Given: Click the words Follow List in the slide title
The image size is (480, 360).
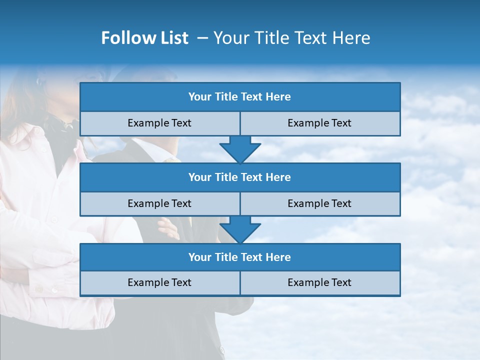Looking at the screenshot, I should click(x=144, y=38).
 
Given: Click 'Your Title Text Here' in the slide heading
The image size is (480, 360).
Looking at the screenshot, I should click(x=291, y=38).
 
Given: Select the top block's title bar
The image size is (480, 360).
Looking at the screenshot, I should click(x=240, y=97).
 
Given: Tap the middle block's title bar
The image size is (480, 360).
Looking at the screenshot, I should click(x=240, y=177).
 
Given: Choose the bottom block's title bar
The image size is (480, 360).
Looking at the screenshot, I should click(x=240, y=257).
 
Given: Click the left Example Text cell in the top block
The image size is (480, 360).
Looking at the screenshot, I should click(x=159, y=123).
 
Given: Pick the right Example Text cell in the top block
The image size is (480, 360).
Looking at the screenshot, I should click(x=319, y=123).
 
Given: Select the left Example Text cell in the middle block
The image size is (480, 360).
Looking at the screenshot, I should click(x=159, y=203).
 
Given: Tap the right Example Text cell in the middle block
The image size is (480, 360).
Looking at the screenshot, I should click(x=319, y=203).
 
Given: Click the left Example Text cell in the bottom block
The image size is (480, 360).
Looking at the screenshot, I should click(x=159, y=282).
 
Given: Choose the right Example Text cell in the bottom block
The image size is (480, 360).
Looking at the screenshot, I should click(x=319, y=282).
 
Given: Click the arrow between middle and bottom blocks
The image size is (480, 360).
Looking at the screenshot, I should click(x=240, y=229).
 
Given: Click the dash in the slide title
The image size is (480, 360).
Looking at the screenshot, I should click(x=202, y=38).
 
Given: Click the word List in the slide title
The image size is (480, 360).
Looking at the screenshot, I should click(x=172, y=38).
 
